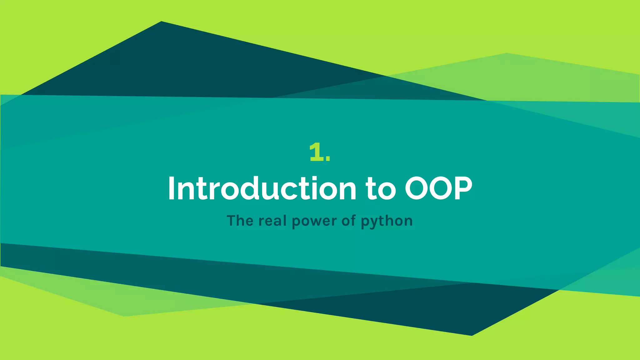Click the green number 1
[x=316, y=152]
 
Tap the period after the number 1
[x=327, y=159]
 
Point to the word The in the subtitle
[x=240, y=221]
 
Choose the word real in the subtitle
[x=272, y=221]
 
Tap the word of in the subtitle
[x=348, y=221]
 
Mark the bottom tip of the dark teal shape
[x=471, y=335]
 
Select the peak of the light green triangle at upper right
[x=506, y=54]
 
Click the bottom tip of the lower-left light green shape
[x=124, y=316]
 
